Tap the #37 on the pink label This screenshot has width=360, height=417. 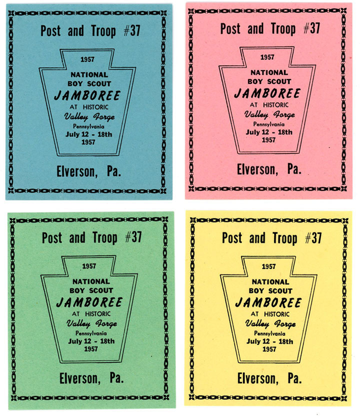[x=311, y=28]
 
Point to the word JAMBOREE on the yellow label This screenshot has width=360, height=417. [x=268, y=302]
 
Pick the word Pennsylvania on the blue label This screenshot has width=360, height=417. [x=88, y=126]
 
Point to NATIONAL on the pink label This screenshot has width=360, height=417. [x=269, y=72]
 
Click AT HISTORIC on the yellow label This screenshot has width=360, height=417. [x=269, y=313]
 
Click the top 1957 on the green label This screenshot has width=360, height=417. [x=88, y=266]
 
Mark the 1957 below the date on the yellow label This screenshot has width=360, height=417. [x=268, y=349]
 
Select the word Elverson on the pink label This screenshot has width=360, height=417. [x=255, y=169]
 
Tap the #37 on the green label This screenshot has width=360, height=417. [x=132, y=237]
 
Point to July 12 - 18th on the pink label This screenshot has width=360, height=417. [x=269, y=132]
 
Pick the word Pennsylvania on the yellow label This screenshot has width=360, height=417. [x=268, y=333]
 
